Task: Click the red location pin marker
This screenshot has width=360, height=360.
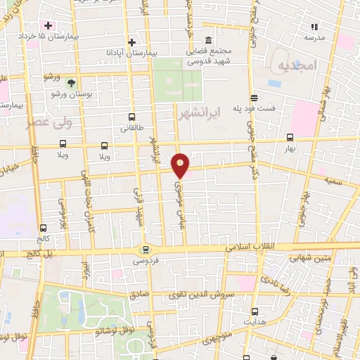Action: point(181,165)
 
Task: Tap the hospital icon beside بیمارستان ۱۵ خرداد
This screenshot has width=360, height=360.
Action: point(48,25)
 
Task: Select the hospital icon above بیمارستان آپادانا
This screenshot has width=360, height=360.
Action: point(131,42)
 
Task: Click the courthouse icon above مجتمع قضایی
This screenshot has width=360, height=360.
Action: point(208,41)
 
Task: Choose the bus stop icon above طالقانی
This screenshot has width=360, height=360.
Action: point(131,118)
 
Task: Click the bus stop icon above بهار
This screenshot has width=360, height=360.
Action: point(290,139)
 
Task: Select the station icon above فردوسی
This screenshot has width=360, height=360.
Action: point(146,250)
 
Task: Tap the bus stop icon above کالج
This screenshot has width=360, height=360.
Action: point(44,228)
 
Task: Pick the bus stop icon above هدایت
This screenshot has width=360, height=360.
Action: point(255,311)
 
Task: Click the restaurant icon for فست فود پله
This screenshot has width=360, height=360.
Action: point(254,98)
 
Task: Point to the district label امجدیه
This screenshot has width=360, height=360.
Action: point(298,66)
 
